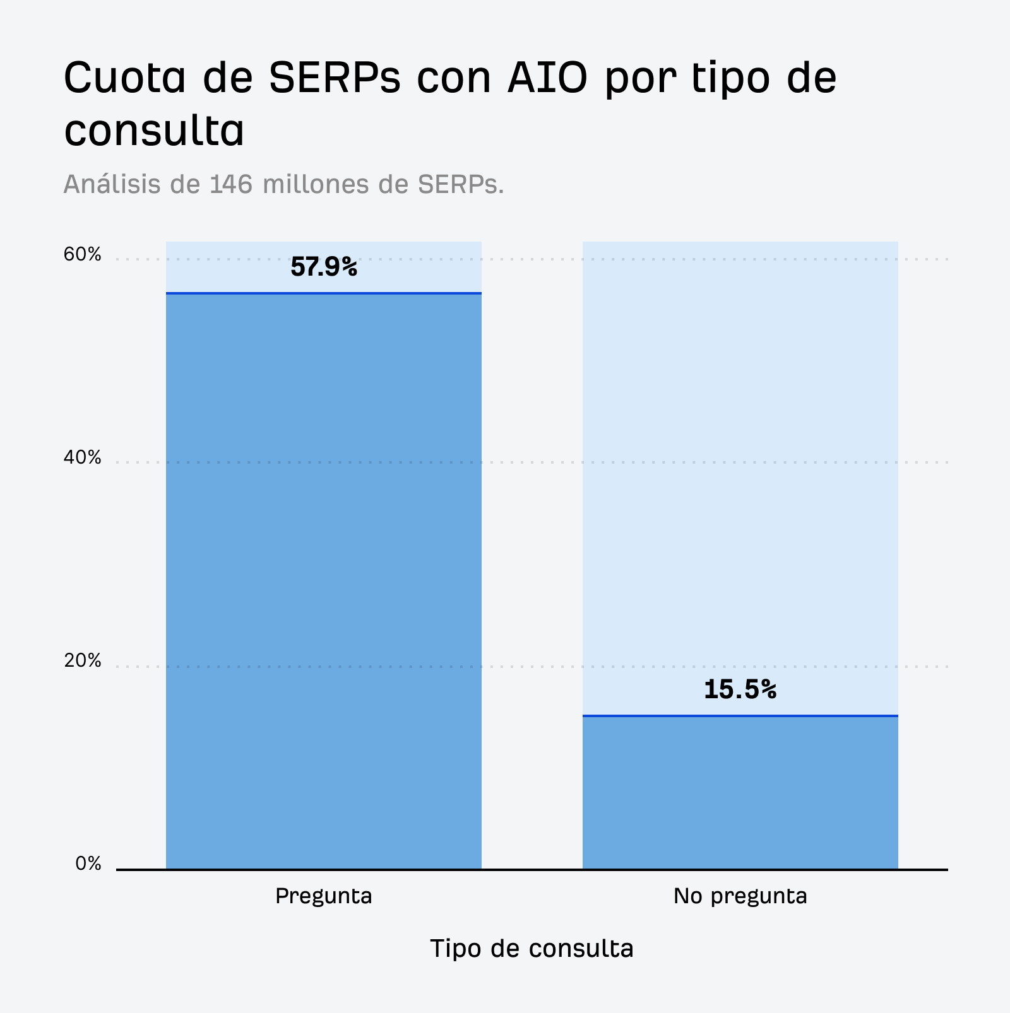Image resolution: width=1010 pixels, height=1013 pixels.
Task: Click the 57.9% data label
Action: [x=324, y=267]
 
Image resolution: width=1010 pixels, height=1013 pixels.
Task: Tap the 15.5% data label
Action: [x=740, y=689]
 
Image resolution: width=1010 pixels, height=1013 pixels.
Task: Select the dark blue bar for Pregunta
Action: [x=324, y=580]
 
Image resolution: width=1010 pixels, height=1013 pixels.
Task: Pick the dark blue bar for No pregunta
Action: [x=740, y=792]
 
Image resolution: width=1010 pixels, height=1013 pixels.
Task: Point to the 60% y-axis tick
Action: [x=82, y=255]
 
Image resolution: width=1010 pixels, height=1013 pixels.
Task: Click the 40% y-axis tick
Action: [x=82, y=458]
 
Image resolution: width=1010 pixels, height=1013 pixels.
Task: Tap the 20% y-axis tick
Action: [x=82, y=661]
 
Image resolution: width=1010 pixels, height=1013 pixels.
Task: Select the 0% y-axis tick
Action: [x=88, y=864]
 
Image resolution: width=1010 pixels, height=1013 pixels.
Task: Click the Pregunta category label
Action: [x=324, y=896]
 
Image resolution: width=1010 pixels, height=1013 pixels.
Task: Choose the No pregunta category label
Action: [x=740, y=896]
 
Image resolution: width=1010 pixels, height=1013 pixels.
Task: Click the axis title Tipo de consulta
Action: [x=532, y=949]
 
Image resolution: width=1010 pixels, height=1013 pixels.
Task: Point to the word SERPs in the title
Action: [x=335, y=78]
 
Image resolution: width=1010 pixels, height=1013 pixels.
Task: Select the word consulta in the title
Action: [x=154, y=131]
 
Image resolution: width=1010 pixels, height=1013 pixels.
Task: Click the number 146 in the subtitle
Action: [x=232, y=184]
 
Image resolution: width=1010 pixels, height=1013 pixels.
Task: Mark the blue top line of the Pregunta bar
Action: [x=324, y=293]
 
